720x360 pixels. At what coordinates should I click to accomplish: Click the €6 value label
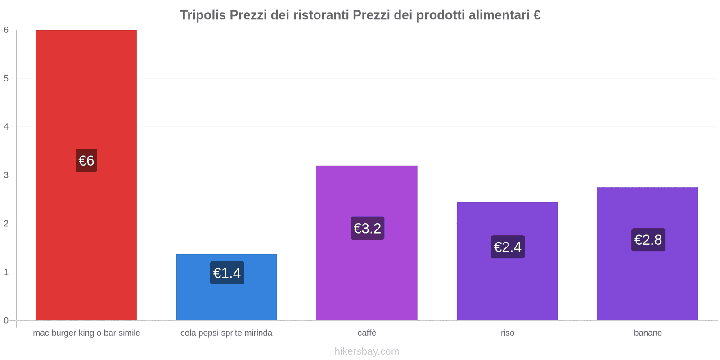(x=86, y=161)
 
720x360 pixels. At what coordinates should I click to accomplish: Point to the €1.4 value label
(x=227, y=273)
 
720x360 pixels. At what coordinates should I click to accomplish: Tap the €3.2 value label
(x=367, y=229)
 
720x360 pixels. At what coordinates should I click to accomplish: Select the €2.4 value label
(x=508, y=247)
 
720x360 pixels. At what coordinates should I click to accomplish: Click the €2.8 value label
(x=648, y=240)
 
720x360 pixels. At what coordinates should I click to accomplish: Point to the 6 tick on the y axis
(x=6, y=30)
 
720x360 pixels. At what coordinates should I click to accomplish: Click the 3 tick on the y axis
(x=6, y=175)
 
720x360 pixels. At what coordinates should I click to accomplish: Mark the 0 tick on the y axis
(x=6, y=320)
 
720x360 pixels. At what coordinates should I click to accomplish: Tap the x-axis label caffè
(x=367, y=333)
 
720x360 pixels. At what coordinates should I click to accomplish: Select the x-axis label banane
(x=648, y=333)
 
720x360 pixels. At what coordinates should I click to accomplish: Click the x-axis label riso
(x=507, y=333)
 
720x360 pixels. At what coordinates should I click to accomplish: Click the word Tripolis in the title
(x=203, y=15)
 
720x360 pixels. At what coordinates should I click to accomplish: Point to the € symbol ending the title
(x=536, y=15)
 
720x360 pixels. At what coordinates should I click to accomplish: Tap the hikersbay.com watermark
(x=367, y=351)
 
